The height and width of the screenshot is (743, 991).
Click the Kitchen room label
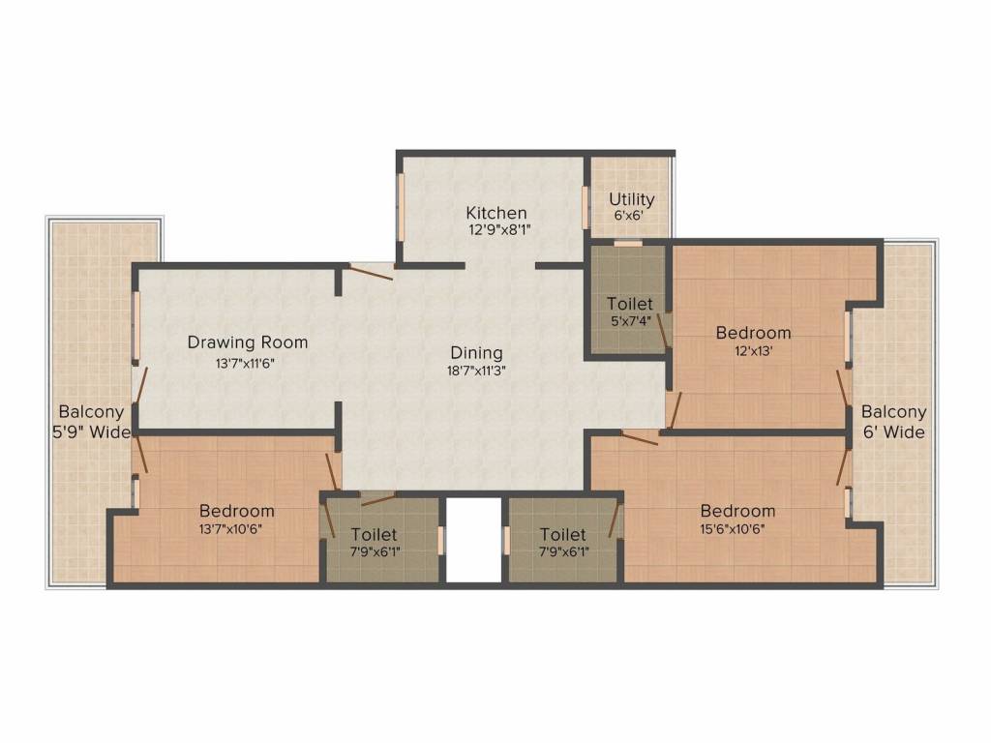click(x=496, y=213)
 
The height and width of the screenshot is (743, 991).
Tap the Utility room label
click(x=631, y=199)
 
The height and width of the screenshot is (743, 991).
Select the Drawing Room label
click(x=248, y=342)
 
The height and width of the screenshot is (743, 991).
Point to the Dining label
click(x=476, y=352)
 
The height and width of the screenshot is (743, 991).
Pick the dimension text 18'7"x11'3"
click(x=476, y=369)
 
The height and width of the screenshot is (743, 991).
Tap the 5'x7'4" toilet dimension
click(x=629, y=320)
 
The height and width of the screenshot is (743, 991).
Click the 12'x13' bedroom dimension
click(x=753, y=350)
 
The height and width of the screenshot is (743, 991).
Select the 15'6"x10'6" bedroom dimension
click(x=737, y=528)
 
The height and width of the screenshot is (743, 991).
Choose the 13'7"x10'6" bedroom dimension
click(x=236, y=528)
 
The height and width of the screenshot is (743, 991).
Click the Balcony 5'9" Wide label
click(x=91, y=422)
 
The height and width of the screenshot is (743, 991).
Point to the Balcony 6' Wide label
click(x=893, y=422)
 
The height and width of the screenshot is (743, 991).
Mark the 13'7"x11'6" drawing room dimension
click(x=248, y=365)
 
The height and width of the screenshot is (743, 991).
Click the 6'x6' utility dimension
click(x=631, y=216)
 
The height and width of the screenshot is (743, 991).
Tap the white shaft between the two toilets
click(x=473, y=540)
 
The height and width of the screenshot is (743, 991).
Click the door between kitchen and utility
click(x=585, y=208)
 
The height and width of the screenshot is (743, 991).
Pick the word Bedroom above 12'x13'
click(x=753, y=333)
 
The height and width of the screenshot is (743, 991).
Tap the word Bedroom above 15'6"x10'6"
click(x=737, y=511)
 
